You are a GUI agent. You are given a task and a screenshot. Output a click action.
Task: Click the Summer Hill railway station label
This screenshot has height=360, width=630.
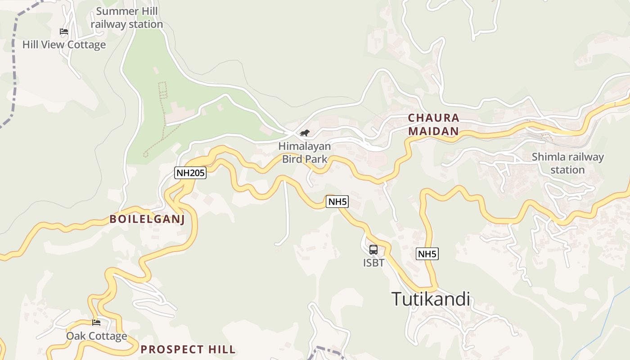tap(127, 18)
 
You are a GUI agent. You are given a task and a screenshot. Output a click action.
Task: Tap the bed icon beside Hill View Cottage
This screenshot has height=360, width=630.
tap(64, 31)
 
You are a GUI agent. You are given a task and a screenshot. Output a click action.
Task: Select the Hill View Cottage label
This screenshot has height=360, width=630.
tap(64, 45)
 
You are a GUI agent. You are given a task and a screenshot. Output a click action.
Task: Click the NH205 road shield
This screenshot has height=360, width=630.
tap(190, 173)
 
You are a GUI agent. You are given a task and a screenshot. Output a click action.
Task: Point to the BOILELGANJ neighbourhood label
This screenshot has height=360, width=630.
tap(147, 219)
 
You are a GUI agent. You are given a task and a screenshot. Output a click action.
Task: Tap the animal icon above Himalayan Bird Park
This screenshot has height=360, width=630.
tap(305, 133)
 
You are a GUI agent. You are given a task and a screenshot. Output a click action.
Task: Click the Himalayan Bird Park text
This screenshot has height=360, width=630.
tap(305, 153)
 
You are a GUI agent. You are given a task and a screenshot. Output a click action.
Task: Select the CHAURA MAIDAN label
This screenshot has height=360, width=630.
tap(434, 125)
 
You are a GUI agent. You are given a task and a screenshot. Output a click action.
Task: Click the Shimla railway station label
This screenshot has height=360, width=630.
tap(567, 163)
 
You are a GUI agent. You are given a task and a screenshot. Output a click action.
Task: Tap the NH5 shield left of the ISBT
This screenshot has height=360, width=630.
tap(337, 202)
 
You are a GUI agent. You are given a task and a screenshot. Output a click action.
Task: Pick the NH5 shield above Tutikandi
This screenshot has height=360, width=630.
tap(427, 254)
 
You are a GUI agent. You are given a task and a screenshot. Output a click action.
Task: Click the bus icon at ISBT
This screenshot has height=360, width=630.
tap(373, 250)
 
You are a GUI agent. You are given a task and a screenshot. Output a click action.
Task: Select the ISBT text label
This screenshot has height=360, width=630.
tap(374, 262)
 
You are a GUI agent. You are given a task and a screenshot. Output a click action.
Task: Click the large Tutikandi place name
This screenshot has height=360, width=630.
tap(431, 299)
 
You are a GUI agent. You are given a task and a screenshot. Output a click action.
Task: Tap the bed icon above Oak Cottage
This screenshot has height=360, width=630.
tap(96, 322)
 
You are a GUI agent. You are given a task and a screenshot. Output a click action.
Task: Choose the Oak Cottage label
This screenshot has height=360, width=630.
tap(97, 336)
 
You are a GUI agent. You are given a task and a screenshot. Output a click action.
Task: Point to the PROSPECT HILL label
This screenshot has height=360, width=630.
tap(188, 349)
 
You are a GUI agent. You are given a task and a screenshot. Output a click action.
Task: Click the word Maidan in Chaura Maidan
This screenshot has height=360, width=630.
tap(434, 131)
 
